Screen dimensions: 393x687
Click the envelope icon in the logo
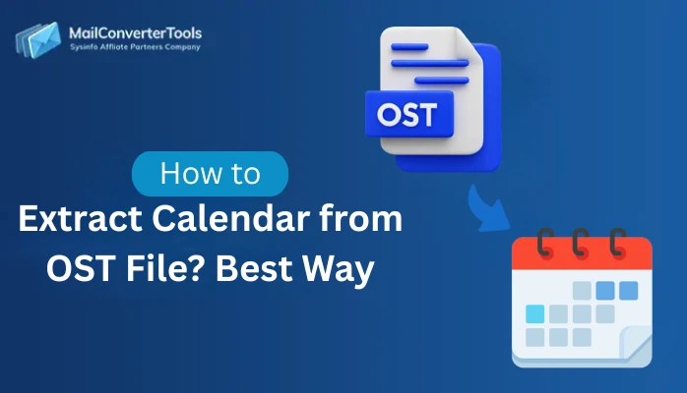(37, 40)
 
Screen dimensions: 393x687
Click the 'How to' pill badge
(210, 174)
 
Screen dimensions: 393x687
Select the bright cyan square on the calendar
(534, 314)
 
